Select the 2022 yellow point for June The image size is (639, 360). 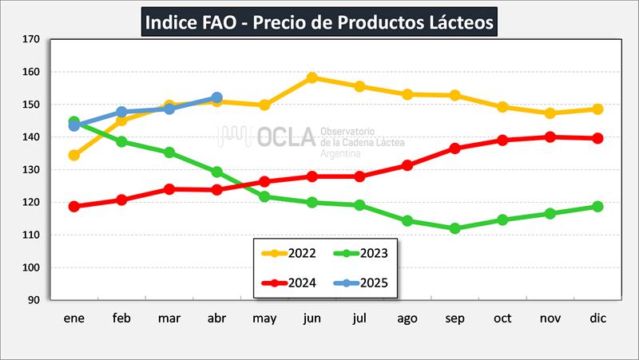coord(312,78)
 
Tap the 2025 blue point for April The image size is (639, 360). coord(216,97)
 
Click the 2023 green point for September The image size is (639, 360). coord(455,228)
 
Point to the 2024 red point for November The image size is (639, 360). coord(550,136)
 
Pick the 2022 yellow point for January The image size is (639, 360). coord(74,156)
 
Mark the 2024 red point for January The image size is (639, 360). coord(74,206)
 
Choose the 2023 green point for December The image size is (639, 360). coord(597,206)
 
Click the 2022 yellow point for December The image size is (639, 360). coord(597,109)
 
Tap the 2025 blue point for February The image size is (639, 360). coord(121,112)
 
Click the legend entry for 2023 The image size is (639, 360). coord(363,254)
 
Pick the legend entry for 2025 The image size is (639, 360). coord(363,282)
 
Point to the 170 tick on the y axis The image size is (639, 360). coord(32,38)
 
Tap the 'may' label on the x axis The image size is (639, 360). coord(264,318)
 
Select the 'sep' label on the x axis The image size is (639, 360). coord(455,318)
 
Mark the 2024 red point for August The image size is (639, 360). coord(407,165)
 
